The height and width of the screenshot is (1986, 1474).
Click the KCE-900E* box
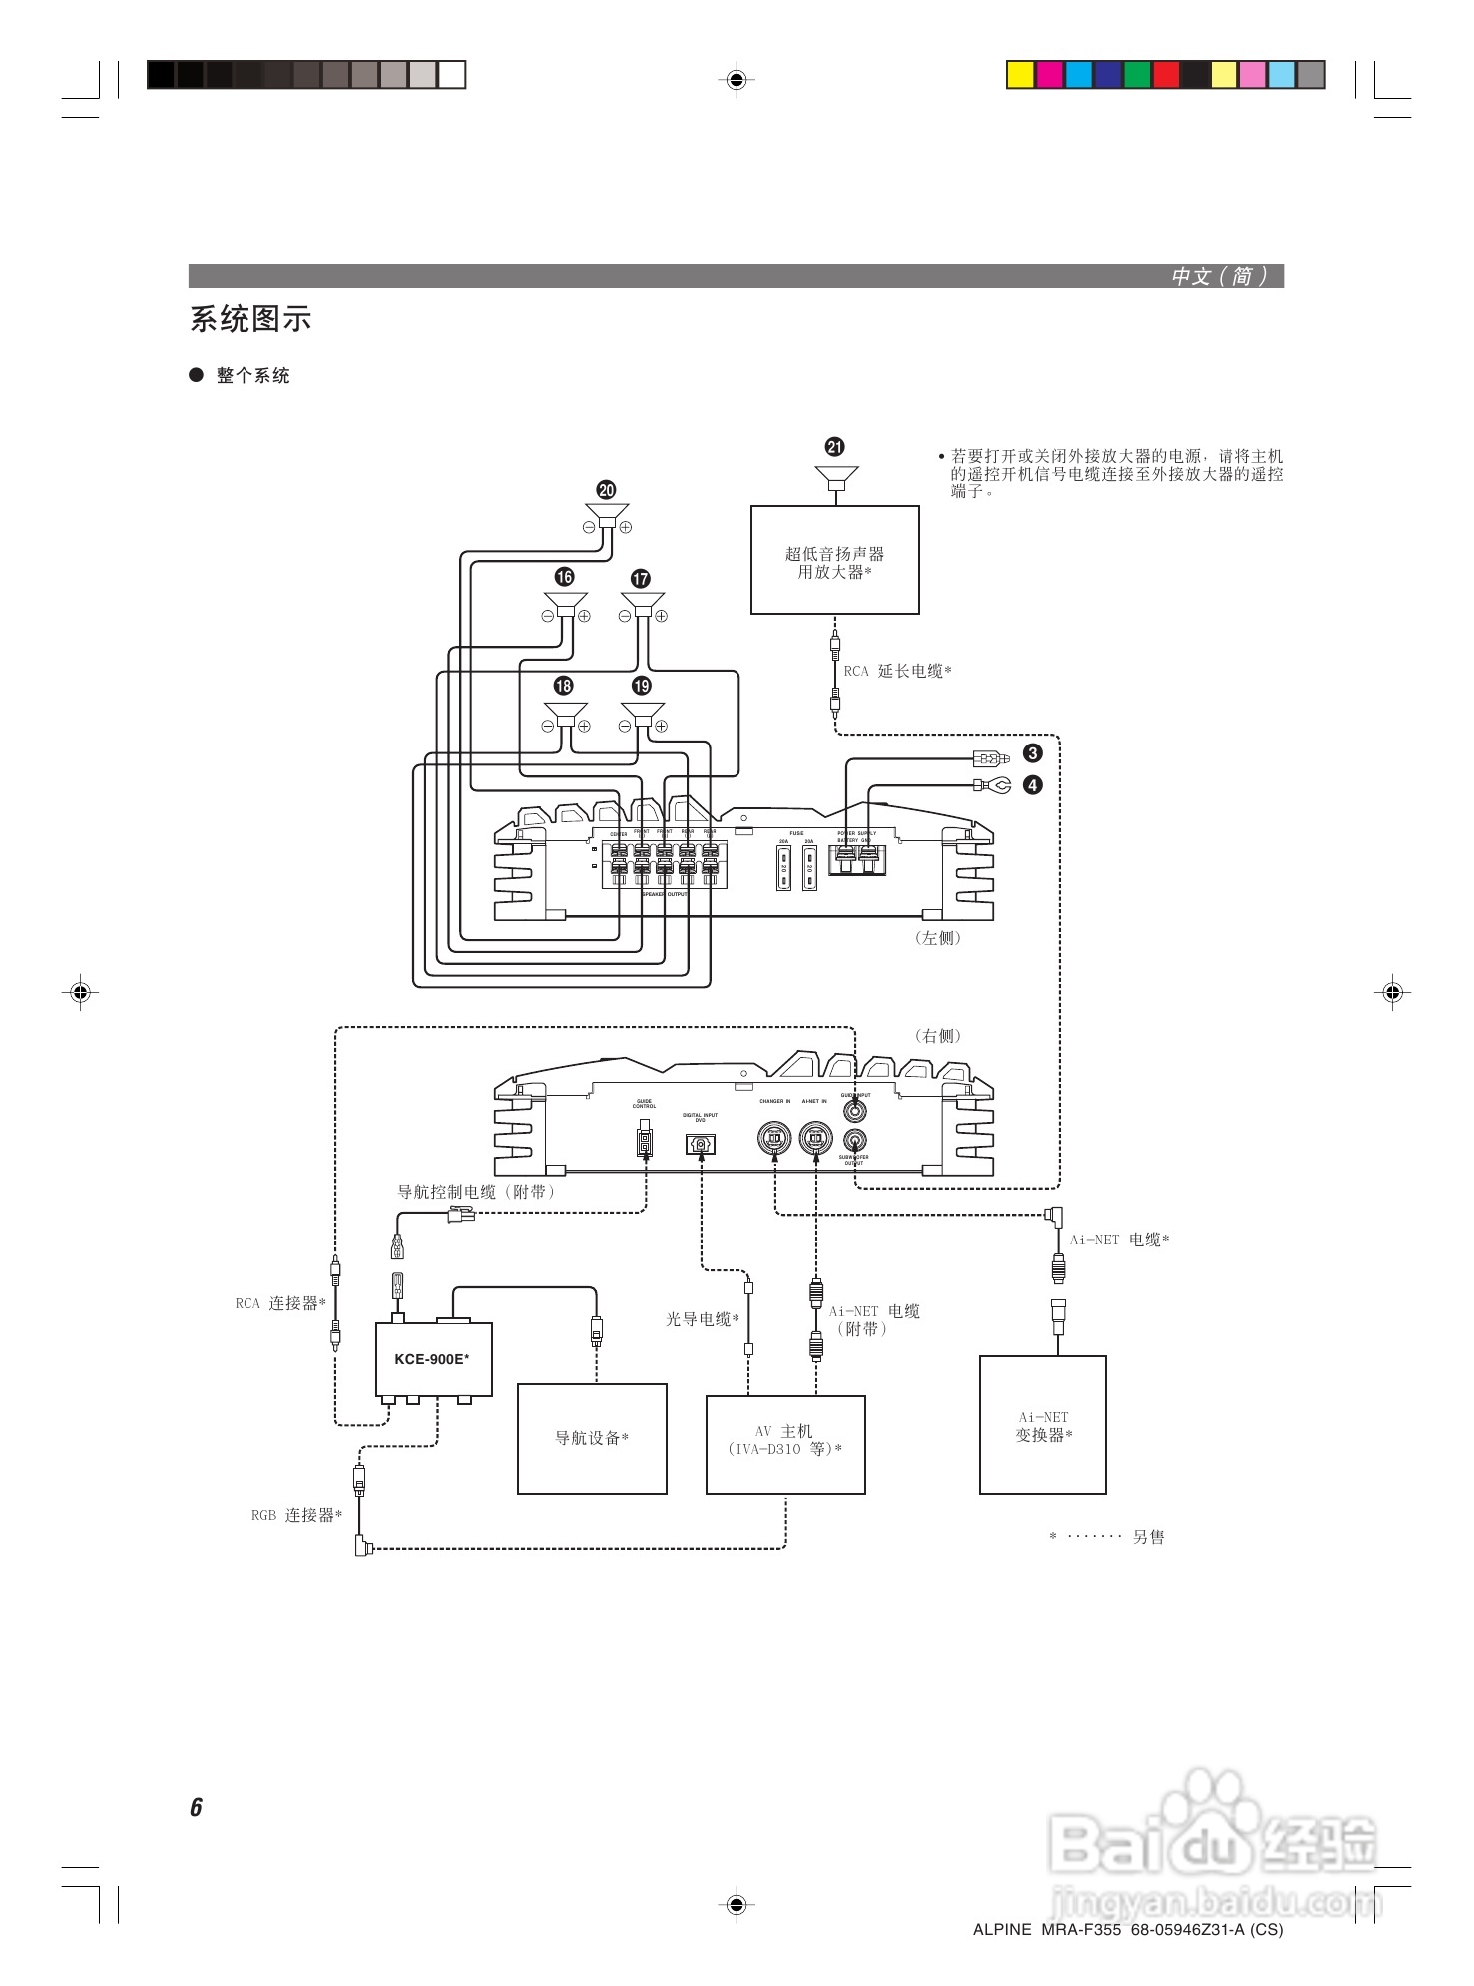coord(433,1359)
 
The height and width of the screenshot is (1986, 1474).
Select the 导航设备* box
coord(592,1438)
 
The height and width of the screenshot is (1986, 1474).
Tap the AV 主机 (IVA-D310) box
coord(785,1444)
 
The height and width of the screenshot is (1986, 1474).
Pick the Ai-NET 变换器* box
coord(1043,1425)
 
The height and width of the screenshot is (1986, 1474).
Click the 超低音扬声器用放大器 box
coord(834,560)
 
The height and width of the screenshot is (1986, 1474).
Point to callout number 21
coord(835,447)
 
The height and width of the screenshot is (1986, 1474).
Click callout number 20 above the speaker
coord(606,490)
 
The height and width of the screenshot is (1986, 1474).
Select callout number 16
coord(565,577)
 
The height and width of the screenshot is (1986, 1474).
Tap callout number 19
coord(642,686)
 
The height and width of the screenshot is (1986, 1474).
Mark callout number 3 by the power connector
coord(1033,753)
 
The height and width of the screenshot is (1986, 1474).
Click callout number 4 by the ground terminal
coord(1033,785)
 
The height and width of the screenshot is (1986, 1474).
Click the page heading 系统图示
coord(250,319)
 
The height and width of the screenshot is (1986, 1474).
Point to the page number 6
coord(196,1807)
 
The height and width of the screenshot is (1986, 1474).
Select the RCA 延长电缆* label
coord(897,671)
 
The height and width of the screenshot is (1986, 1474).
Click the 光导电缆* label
coord(703,1319)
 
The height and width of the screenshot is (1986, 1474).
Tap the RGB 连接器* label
coord(296,1515)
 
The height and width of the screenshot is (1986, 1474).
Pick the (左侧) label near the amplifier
coord(938,938)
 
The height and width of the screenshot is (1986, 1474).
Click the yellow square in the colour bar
coord(1020,75)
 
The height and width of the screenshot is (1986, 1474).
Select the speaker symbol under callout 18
coord(565,715)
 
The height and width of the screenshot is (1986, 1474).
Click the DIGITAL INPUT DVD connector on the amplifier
coord(701,1144)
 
